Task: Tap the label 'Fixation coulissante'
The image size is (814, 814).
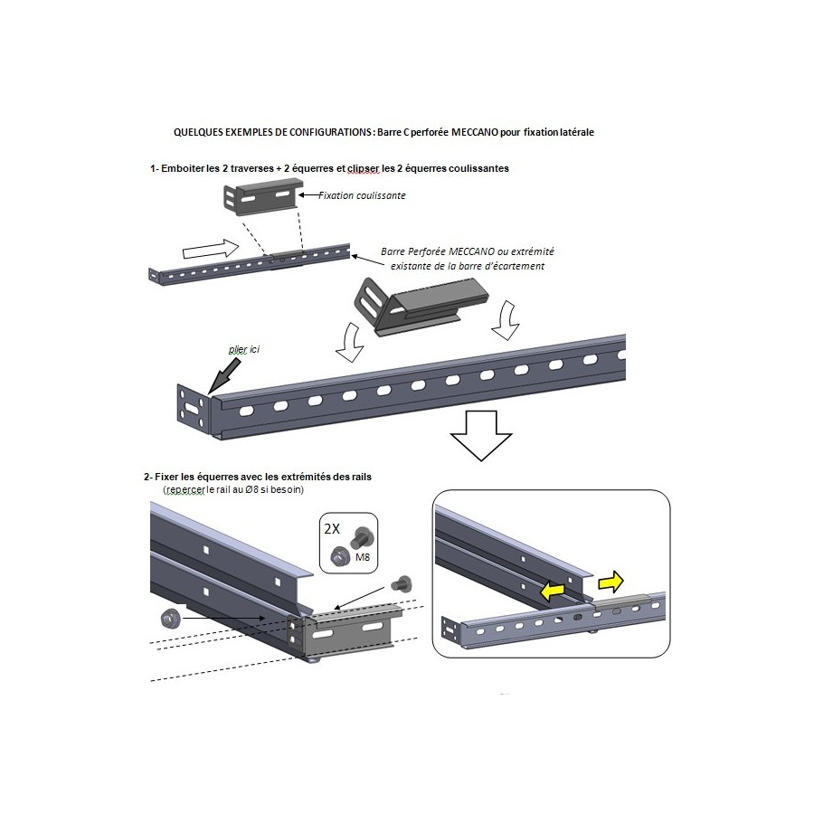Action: click(x=362, y=195)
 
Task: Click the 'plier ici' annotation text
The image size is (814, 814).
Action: click(x=244, y=349)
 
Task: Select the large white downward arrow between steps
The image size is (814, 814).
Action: click(x=481, y=435)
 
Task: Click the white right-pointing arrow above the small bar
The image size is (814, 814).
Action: click(x=211, y=250)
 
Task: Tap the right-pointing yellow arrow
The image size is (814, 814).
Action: click(x=611, y=582)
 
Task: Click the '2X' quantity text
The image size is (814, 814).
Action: click(x=332, y=528)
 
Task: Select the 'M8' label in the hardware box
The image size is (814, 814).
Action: click(x=363, y=557)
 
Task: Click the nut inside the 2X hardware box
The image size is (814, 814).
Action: click(x=339, y=556)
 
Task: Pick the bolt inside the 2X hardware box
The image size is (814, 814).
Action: click(x=359, y=538)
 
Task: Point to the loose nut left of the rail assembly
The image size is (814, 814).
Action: click(x=169, y=619)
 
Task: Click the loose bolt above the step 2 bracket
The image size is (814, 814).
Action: click(x=402, y=583)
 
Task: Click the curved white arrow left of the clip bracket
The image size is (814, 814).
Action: click(x=350, y=342)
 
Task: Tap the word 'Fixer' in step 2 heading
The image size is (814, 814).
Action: click(x=166, y=477)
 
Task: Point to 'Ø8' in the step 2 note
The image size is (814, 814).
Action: click(x=253, y=489)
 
